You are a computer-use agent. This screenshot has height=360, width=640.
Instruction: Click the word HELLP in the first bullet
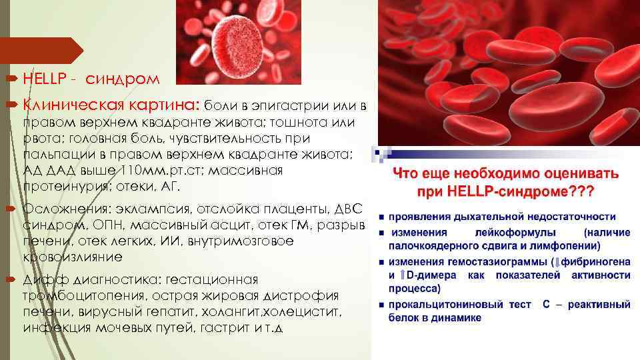[x=43, y=79]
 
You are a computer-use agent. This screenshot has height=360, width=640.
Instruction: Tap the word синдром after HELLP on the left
[x=123, y=79]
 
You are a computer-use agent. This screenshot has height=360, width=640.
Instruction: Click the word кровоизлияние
[x=73, y=257]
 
